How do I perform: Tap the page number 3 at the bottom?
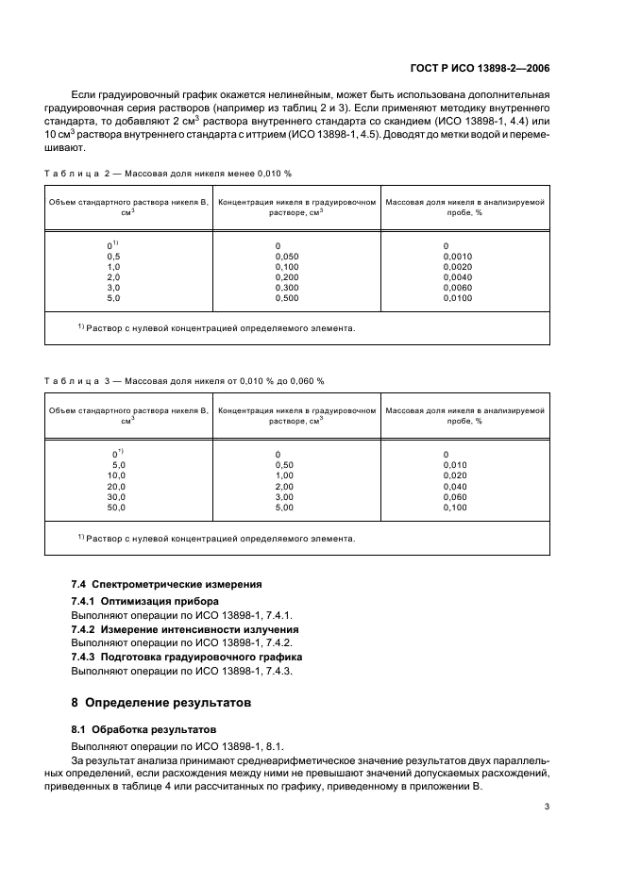click(x=547, y=807)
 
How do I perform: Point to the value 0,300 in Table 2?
click(x=286, y=288)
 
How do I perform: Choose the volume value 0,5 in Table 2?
click(x=113, y=257)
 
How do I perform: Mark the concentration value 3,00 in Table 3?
click(x=283, y=497)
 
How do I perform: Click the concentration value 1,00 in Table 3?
click(x=283, y=476)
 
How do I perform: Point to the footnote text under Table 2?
click(x=216, y=329)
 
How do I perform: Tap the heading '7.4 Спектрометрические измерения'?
click(x=167, y=585)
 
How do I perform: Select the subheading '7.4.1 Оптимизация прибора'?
click(x=144, y=601)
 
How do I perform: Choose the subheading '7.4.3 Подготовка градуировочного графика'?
click(x=186, y=656)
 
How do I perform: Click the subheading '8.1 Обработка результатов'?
click(x=144, y=729)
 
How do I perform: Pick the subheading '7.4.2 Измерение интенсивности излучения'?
click(x=185, y=628)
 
